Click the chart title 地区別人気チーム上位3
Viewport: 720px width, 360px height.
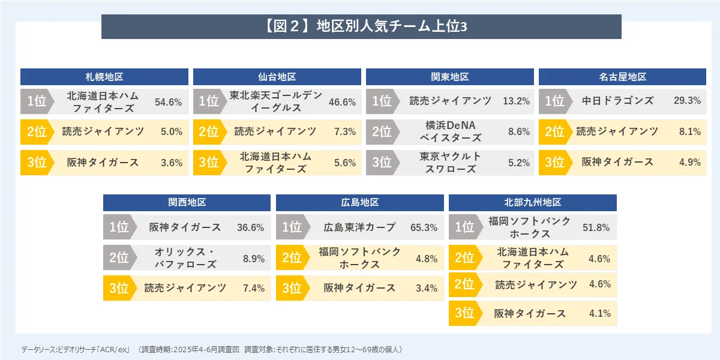pos(361,26)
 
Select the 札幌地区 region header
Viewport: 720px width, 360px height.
pos(104,77)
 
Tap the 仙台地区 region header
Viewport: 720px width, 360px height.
pos(277,77)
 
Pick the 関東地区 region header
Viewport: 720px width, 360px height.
pos(450,77)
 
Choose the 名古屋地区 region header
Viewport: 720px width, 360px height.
pos(622,77)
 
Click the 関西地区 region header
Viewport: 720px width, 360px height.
pos(187,203)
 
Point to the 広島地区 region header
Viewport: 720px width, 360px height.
pos(360,203)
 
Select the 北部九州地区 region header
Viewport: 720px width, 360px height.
pos(533,203)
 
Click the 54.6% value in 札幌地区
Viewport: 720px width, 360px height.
pos(168,102)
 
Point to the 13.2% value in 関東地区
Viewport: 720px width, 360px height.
pos(516,101)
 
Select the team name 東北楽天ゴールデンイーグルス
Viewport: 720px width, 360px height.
pos(276,101)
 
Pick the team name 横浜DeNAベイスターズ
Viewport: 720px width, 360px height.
pos(450,131)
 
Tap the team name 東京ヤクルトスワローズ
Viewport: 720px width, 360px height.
pos(450,162)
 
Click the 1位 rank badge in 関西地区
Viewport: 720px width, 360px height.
pos(119,227)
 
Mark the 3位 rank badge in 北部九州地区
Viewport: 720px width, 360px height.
pos(464,313)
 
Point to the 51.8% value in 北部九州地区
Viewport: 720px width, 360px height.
pos(596,228)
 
